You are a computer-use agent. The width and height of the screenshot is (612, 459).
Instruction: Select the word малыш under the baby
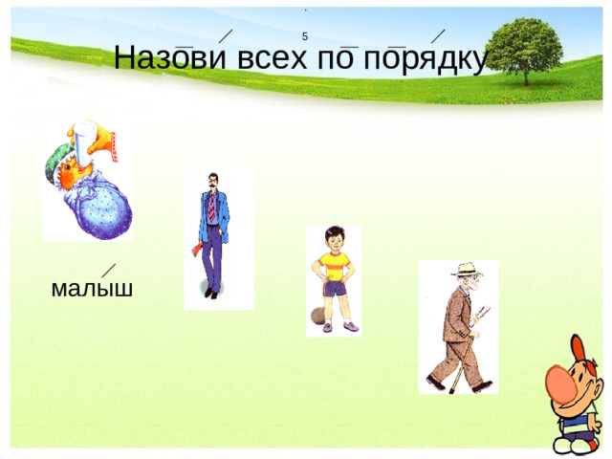click(x=92, y=287)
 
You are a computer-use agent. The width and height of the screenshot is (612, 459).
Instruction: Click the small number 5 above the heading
click(x=304, y=36)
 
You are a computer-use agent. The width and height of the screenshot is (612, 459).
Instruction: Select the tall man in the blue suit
click(x=217, y=234)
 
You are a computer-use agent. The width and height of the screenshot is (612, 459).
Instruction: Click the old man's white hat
click(x=467, y=270)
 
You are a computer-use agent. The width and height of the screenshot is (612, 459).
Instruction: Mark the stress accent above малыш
click(x=110, y=270)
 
